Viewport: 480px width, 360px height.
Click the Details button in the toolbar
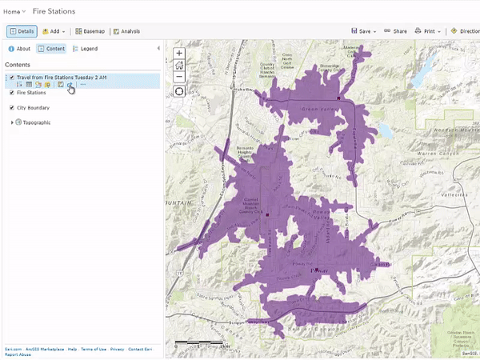[x=22, y=31]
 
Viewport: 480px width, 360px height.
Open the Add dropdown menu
[x=54, y=31]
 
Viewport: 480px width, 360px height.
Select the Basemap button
[x=90, y=31]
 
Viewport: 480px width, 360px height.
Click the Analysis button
[x=126, y=31]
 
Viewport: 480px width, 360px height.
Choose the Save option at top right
[x=364, y=31]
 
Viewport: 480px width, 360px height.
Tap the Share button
[x=395, y=31]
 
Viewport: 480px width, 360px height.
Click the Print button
[x=429, y=31]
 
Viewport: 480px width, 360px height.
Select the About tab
[x=20, y=49]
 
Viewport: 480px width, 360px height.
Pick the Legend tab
[x=85, y=49]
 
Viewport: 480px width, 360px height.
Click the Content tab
[x=52, y=49]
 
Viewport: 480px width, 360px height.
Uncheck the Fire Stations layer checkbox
[x=11, y=93]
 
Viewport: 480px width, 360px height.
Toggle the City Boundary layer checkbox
[x=11, y=107]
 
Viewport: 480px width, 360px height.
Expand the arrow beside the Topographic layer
[x=11, y=122]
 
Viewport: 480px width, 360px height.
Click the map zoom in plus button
[x=179, y=54]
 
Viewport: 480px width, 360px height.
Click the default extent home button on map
[x=179, y=66]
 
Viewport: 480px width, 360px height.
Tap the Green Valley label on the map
[x=315, y=109]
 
